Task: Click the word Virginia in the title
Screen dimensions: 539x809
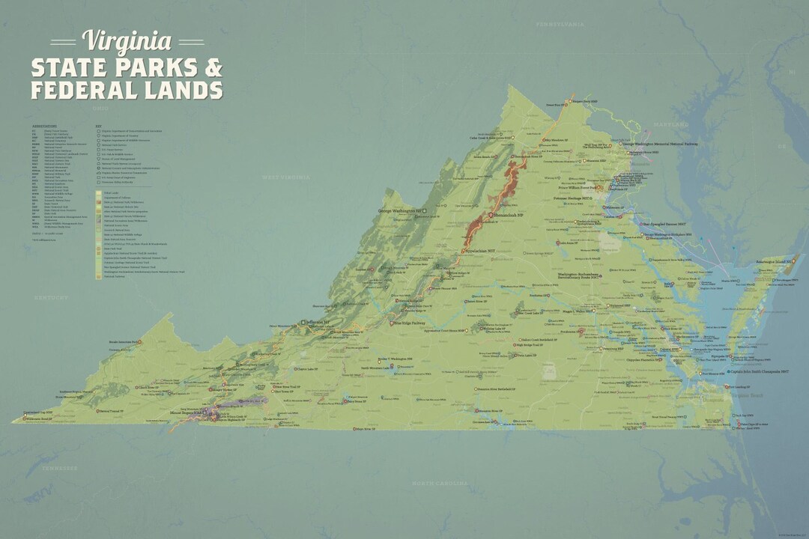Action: [127, 40]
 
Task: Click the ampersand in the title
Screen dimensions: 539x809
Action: [213, 67]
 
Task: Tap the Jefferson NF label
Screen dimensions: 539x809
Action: [318, 323]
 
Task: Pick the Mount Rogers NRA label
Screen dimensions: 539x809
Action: [188, 412]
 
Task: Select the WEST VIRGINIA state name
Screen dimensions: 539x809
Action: [285, 177]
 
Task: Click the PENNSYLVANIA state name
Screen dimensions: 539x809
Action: [559, 25]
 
